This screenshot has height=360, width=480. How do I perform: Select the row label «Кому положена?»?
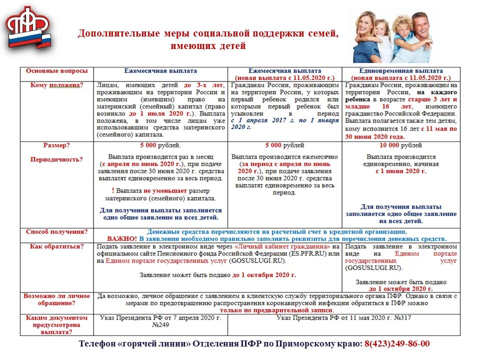click(56, 85)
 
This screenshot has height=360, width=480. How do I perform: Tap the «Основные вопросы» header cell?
click(56, 71)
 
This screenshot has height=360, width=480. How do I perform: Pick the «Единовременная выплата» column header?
click(401, 71)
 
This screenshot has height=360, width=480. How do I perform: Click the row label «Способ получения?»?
click(56, 232)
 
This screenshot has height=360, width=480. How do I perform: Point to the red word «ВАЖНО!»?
click(122, 239)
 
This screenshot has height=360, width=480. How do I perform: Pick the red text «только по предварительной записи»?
click(276, 310)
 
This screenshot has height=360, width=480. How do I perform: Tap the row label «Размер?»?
click(56, 145)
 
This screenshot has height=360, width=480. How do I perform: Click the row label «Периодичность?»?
click(56, 159)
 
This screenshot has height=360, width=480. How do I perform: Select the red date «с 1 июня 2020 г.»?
click(401, 170)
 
